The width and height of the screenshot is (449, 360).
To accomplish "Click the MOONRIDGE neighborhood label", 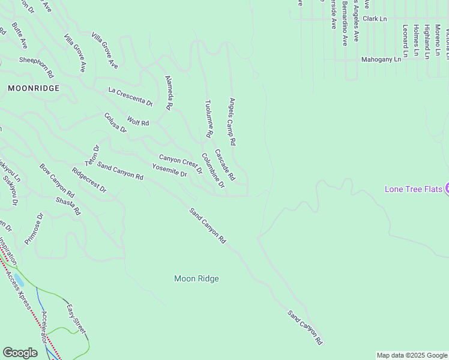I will [34, 88].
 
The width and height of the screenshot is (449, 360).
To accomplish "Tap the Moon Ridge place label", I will [196, 278].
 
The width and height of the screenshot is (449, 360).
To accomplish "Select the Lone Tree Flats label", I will [413, 190].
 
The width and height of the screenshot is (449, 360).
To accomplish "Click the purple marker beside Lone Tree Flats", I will [447, 189].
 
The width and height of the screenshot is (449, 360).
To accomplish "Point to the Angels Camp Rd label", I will [232, 122].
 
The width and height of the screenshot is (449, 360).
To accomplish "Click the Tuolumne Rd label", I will [208, 119].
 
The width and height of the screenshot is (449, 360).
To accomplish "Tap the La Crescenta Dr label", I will [130, 97].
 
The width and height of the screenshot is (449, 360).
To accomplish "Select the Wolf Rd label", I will [137, 122].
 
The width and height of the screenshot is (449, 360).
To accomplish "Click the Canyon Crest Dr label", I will [180, 163].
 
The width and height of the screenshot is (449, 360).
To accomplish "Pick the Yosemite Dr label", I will [169, 170].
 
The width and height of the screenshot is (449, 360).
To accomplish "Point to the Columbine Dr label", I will [213, 170].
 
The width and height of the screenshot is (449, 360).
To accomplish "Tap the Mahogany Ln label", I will [381, 60].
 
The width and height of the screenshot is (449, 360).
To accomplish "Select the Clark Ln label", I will [375, 19].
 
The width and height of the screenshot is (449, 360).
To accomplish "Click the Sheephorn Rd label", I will [36, 67].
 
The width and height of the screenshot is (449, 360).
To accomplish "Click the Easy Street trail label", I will [76, 320].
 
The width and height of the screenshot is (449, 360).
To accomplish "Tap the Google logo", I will [20, 353].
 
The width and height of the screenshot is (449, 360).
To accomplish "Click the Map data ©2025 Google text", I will [412, 355].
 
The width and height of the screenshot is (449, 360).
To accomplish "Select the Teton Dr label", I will [92, 155].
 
